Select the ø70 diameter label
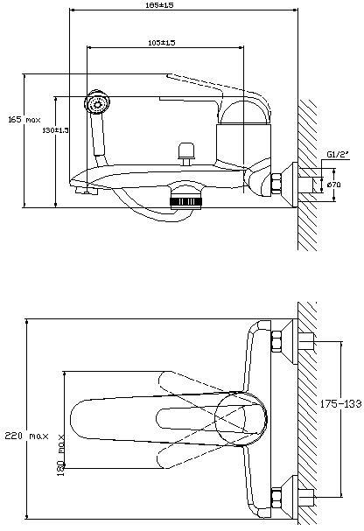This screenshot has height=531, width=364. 333,185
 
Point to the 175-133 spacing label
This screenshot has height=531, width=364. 341,404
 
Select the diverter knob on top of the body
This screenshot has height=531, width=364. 185,150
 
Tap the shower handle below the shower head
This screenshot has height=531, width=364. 101,136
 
